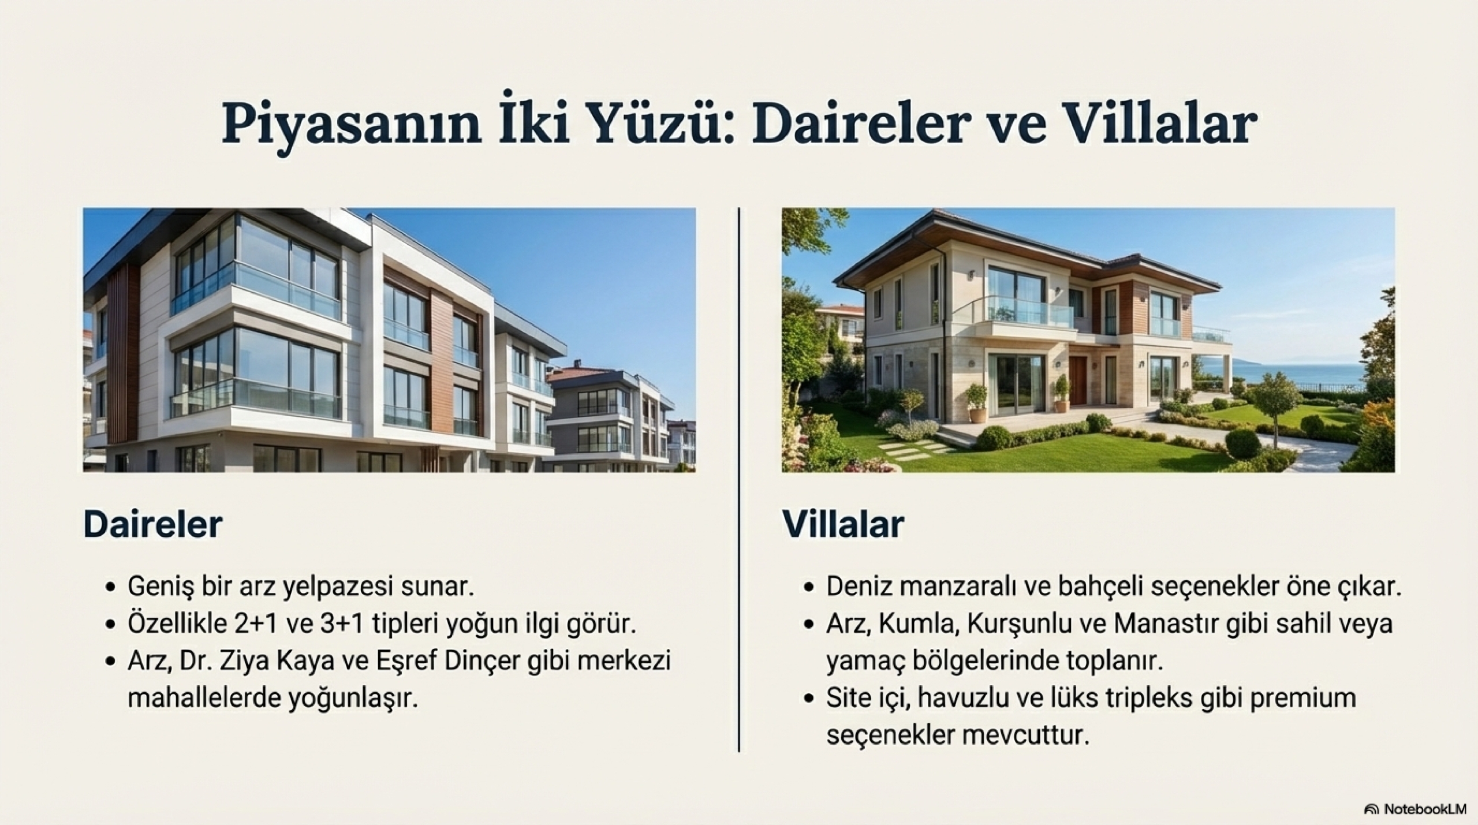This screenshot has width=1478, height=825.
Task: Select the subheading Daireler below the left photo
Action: (x=153, y=524)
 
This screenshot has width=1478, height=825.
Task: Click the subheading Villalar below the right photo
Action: (x=843, y=524)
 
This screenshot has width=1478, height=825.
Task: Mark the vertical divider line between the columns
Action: (x=739, y=479)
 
